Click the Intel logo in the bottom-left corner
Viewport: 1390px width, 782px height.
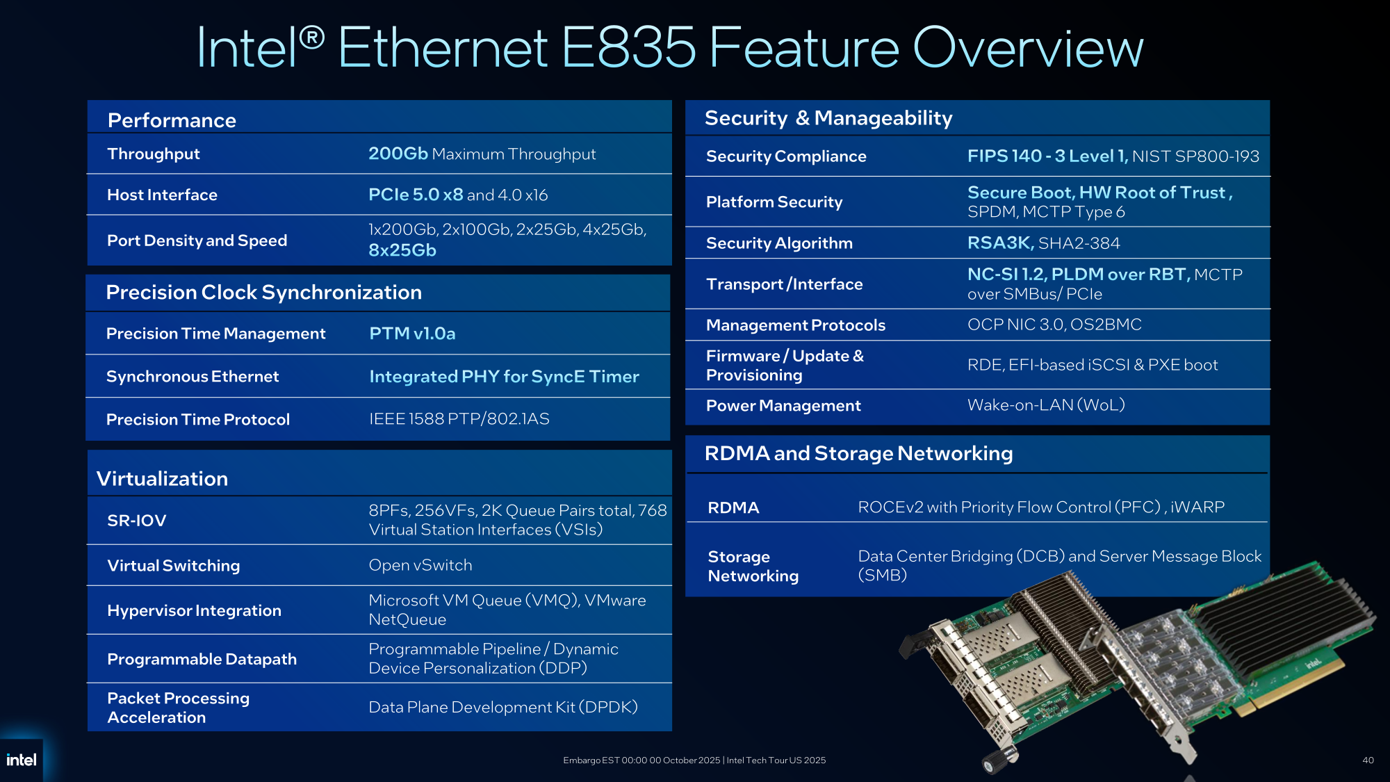pos(22,760)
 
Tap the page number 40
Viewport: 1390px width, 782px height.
pos(1368,760)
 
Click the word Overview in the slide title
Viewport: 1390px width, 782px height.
pos(1028,47)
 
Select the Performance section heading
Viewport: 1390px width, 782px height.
pos(172,120)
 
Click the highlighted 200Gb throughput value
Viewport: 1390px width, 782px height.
pos(398,154)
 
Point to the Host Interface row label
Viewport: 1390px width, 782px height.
pos(162,195)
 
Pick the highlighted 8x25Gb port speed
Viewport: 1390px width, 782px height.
pos(402,250)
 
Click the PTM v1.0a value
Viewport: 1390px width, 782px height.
pos(412,334)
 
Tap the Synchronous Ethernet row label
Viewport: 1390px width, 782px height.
pos(193,377)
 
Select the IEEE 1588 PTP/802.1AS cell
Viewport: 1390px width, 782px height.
pos(459,419)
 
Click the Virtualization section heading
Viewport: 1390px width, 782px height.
pos(162,479)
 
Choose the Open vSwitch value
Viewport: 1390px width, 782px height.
pos(420,565)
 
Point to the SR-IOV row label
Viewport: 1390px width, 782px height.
pos(137,521)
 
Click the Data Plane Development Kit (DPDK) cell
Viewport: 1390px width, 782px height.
pos(503,707)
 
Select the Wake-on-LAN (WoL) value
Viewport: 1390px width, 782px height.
pos(1046,405)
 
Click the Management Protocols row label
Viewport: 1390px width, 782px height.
pos(796,325)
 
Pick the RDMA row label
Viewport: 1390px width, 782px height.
pos(733,508)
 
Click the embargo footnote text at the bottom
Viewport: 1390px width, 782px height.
pos(694,760)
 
